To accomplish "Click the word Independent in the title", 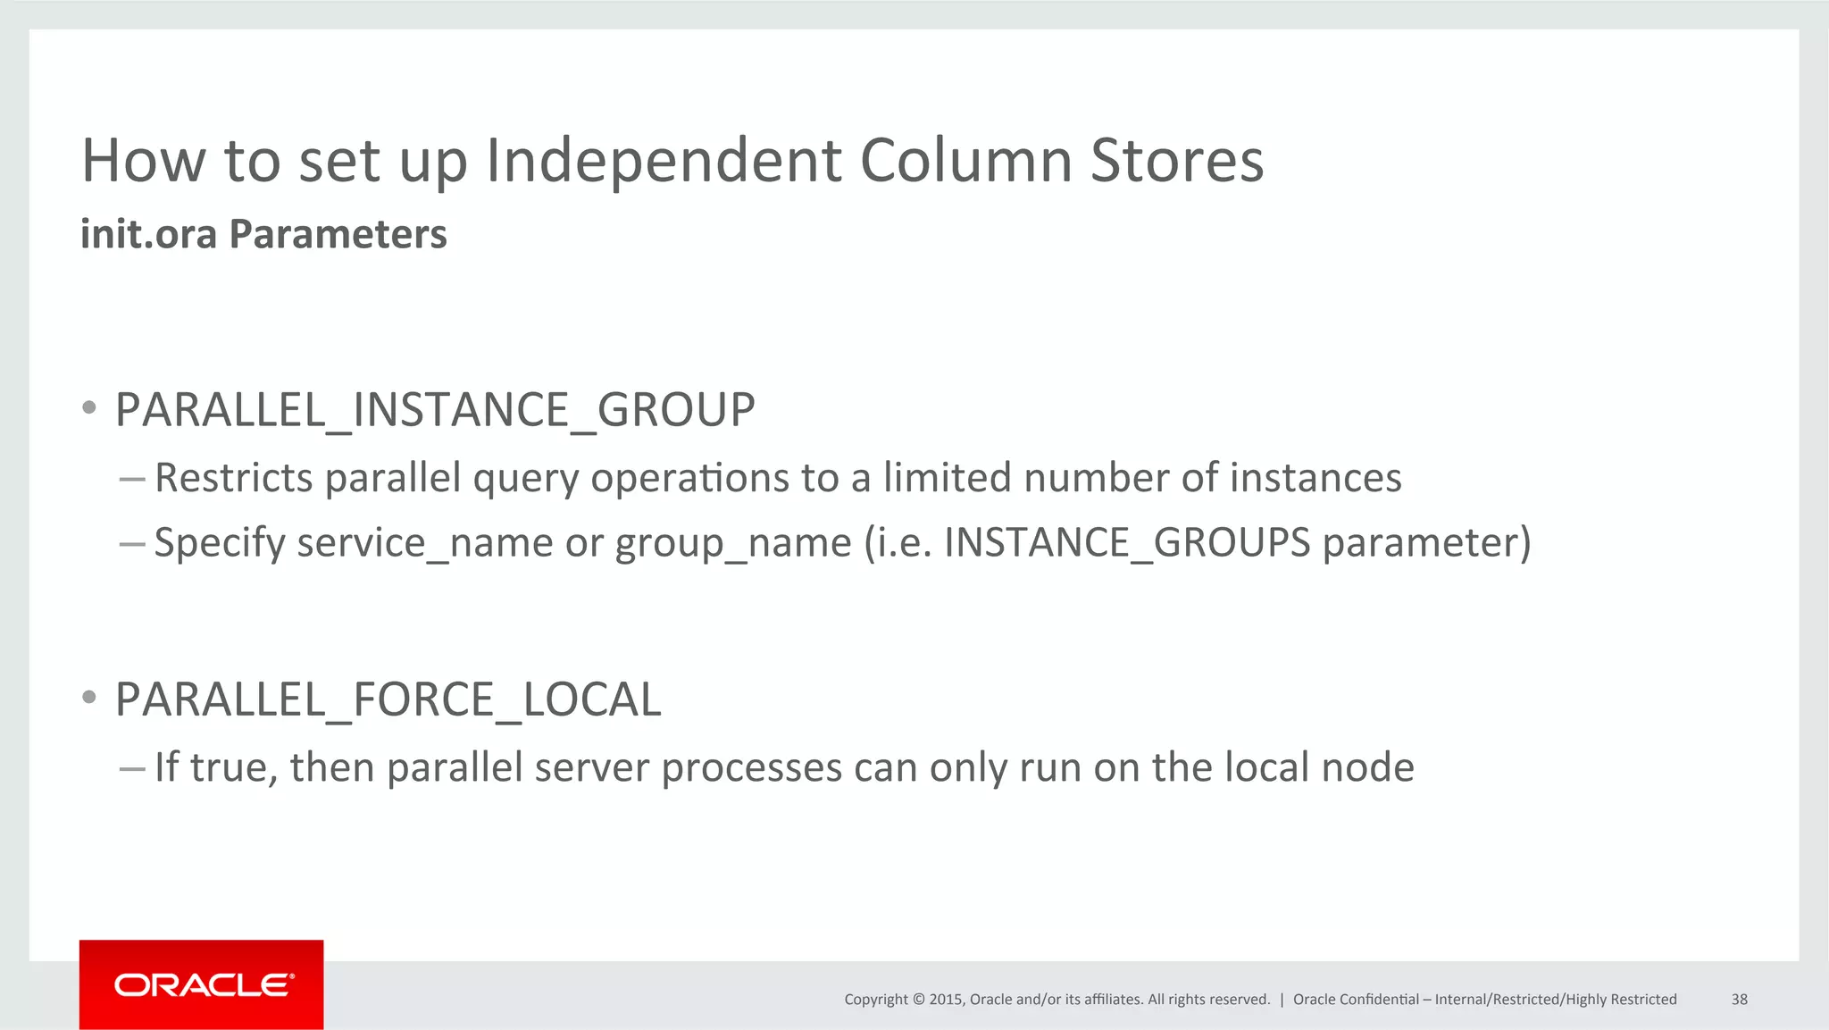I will [663, 162].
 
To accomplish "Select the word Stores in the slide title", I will [1176, 162].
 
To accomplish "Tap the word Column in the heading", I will [965, 162].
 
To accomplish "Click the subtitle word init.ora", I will [148, 235].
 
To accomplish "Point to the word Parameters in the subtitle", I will [338, 235].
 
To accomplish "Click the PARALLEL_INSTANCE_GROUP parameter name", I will [435, 411].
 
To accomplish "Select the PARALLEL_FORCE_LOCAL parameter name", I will [388, 699].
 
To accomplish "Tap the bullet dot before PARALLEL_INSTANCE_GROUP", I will [88, 409].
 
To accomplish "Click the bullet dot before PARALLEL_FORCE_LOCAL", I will [88, 698].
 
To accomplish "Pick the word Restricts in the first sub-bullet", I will [233, 478].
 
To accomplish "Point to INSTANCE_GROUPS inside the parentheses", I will [1126, 543].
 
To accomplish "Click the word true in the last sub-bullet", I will [233, 768].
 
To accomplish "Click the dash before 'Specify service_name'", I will [131, 543].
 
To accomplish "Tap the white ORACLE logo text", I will [203, 985].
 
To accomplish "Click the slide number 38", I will [1739, 1000].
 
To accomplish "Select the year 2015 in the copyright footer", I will [945, 1000].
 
